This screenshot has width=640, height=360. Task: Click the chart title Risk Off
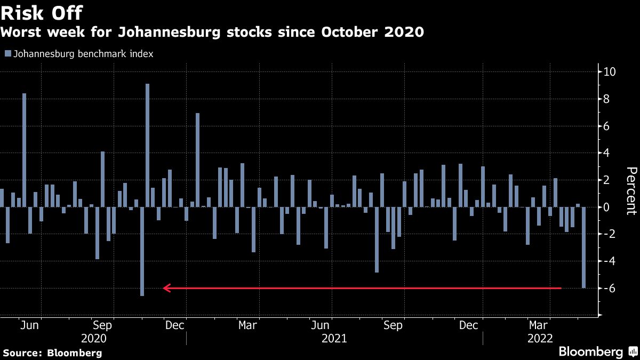tap(41, 12)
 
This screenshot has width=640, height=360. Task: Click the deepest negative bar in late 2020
tap(142, 251)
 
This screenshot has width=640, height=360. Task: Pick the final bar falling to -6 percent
tap(584, 247)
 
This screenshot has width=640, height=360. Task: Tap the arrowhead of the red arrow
tap(166, 289)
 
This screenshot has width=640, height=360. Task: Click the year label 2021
tap(334, 339)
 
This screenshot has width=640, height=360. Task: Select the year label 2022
tap(540, 339)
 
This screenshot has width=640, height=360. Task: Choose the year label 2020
tap(93, 339)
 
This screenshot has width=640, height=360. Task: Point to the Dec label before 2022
tap(468, 325)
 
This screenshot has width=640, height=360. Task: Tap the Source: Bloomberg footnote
tap(52, 353)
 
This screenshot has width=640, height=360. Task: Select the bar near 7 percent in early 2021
tap(197, 160)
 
